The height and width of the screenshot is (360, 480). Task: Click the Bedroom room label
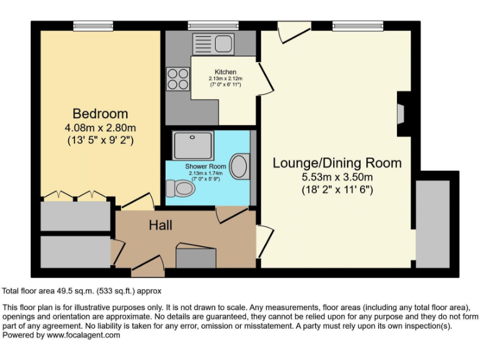click(x=100, y=114)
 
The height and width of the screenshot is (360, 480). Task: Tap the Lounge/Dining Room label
click(x=337, y=163)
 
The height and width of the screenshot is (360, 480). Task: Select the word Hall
click(x=160, y=225)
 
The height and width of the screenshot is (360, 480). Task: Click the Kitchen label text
click(x=225, y=72)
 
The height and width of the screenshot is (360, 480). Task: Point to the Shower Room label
click(x=205, y=167)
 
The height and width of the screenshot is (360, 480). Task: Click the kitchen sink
click(x=222, y=43)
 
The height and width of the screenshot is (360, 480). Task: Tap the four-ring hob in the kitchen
click(x=178, y=79)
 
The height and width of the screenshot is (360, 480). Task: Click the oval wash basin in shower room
click(x=239, y=166)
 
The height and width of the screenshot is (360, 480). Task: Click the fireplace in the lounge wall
click(x=401, y=114)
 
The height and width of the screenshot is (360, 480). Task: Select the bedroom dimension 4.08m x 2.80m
click(x=100, y=128)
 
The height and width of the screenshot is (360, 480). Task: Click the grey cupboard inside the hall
click(x=196, y=257)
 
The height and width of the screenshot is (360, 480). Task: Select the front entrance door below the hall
click(x=147, y=271)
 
